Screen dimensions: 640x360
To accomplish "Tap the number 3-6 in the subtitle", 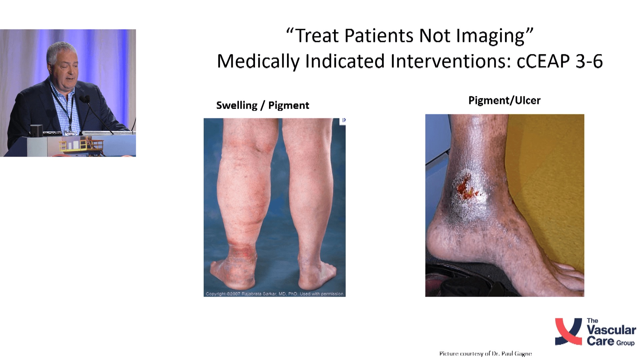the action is click(589, 61).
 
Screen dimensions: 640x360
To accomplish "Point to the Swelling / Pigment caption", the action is click(263, 106).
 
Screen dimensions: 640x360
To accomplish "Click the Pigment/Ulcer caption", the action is click(504, 101).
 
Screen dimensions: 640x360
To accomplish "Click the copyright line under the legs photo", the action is click(275, 294).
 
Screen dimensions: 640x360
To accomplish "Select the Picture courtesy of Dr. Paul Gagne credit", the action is click(485, 354).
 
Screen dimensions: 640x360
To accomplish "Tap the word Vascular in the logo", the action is click(611, 330).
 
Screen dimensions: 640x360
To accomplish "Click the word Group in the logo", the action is click(625, 343).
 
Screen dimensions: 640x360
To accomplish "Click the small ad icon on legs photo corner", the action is click(343, 120).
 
